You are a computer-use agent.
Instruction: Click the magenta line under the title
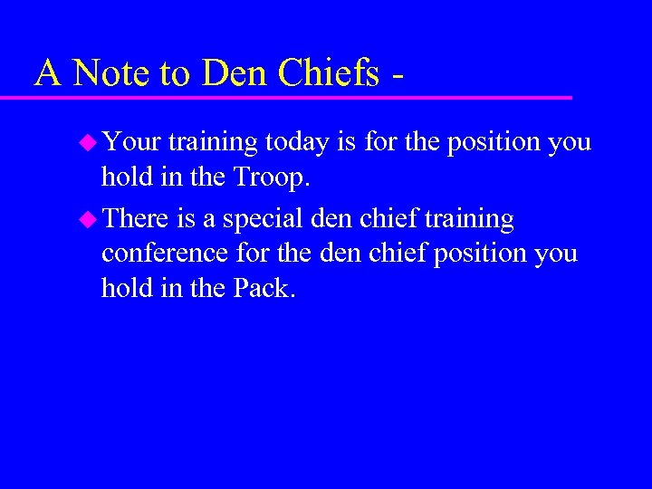pyautogui.click(x=299, y=96)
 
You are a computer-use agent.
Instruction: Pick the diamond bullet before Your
pyautogui.click(x=89, y=142)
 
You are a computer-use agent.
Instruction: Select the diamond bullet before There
pyautogui.click(x=89, y=219)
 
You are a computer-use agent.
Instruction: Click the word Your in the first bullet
pyautogui.click(x=131, y=142)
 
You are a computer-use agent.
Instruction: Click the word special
pyautogui.click(x=259, y=219)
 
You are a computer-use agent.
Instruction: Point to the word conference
pyautogui.click(x=166, y=254)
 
